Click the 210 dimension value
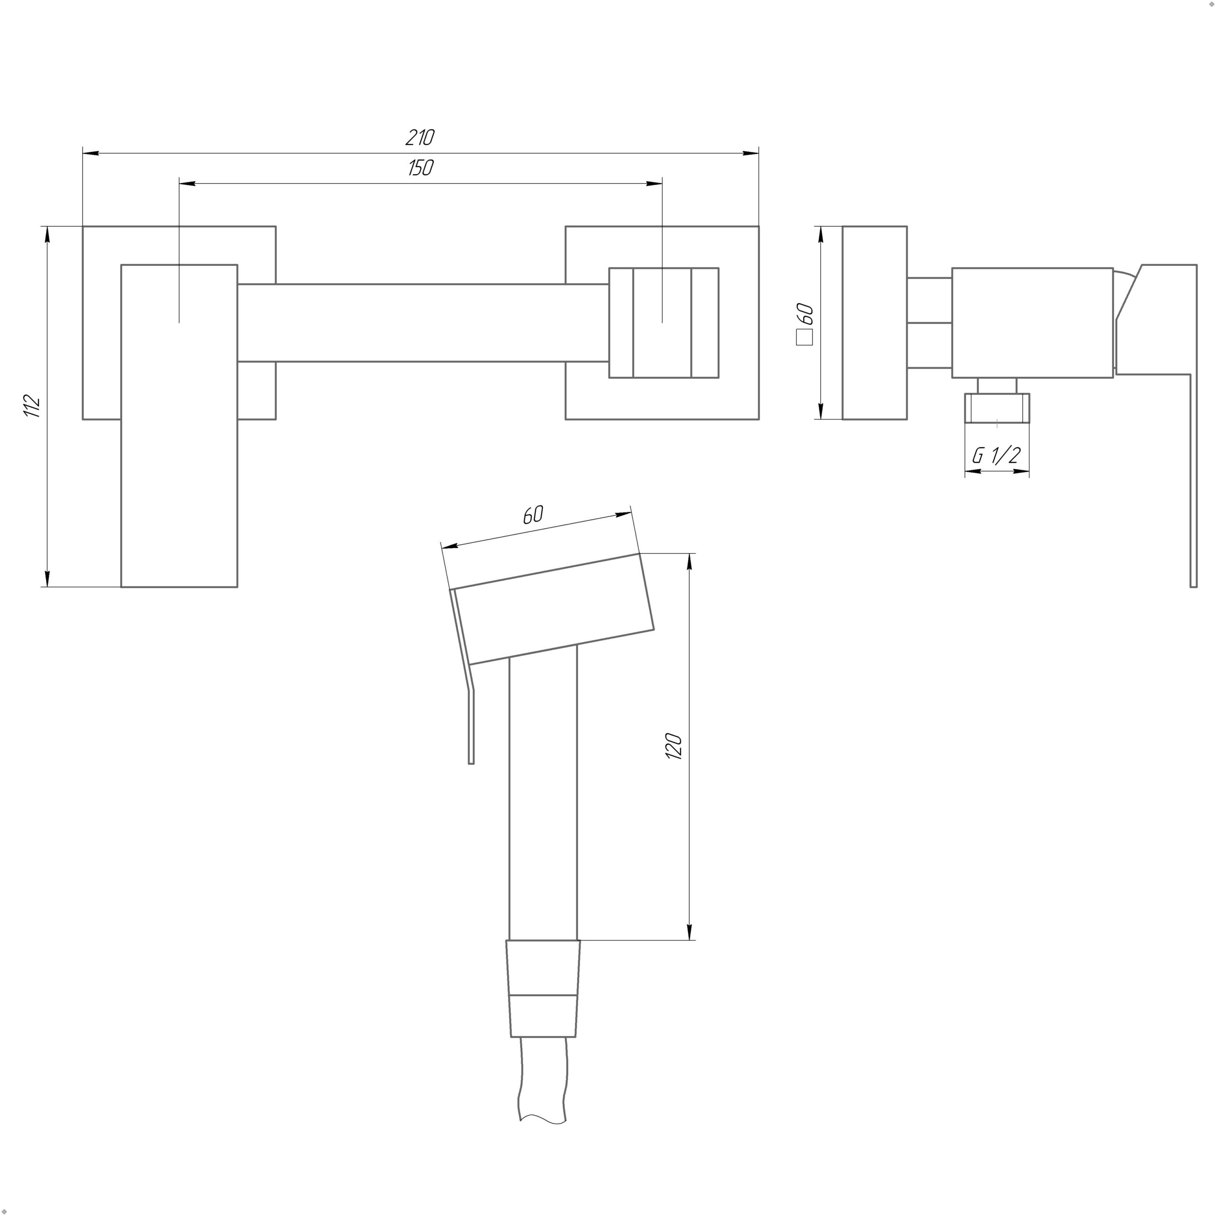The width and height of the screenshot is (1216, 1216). [420, 137]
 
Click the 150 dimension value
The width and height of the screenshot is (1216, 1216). [420, 168]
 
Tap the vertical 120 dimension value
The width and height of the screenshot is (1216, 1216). [674, 747]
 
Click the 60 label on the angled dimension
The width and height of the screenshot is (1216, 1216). [532, 515]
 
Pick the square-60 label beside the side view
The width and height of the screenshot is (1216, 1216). [805, 323]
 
